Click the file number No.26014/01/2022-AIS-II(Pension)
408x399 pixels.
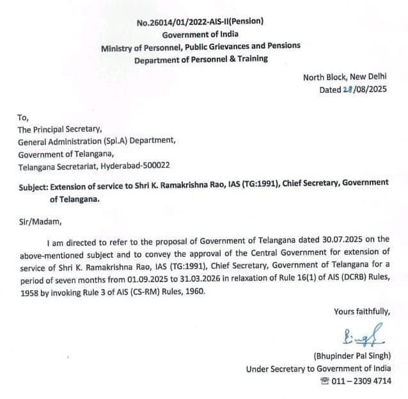click(200, 22)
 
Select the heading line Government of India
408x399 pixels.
click(200, 35)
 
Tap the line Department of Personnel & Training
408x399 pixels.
click(201, 59)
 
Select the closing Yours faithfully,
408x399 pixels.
click(362, 312)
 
